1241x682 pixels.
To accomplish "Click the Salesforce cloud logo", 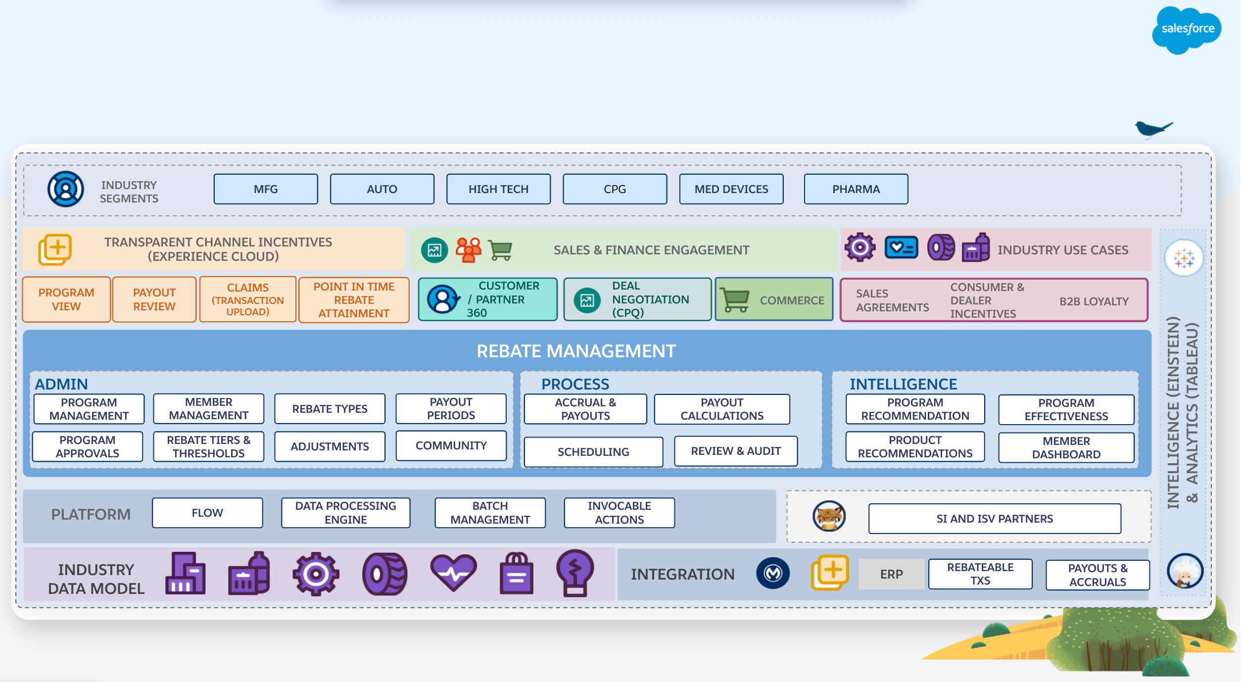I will coord(1187,30).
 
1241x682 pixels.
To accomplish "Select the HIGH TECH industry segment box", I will coord(498,189).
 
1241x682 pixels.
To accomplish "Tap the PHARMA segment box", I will coord(856,189).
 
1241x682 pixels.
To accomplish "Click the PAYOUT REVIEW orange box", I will coord(154,299).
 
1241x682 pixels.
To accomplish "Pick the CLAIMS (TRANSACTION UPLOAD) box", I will coord(247,299).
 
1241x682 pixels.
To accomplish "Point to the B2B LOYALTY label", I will coord(1094,301).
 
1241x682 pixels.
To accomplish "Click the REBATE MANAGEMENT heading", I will coord(576,351).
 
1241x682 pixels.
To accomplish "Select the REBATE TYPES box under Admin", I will coord(330,409).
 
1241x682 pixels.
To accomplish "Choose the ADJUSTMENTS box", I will coord(330,446).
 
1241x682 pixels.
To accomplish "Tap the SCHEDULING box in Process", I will coord(593,452).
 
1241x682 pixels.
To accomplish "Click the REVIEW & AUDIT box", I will coord(736,451).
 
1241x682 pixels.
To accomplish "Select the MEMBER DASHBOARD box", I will coord(1066,447).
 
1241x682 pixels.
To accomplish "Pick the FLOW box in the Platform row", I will coord(207,513).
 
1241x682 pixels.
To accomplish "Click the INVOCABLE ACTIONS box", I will coord(619,513).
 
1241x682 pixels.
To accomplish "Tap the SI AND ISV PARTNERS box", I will coord(995,519).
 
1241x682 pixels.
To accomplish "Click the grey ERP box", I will coord(891,574).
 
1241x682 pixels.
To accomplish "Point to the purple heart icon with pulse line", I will coord(453,573).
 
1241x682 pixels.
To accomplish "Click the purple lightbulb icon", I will coord(574,573).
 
